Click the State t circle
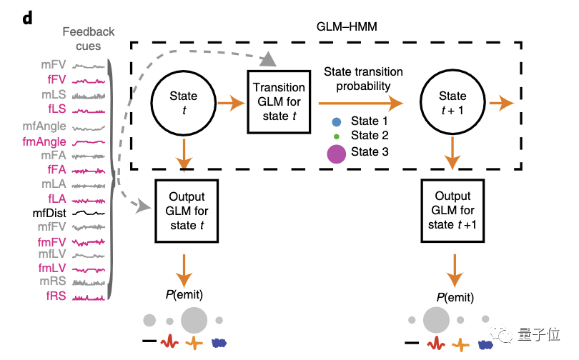point(184,104)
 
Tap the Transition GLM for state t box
point(279,101)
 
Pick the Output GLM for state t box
point(185,211)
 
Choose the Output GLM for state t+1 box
point(452,211)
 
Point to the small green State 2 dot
point(337,135)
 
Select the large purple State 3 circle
point(336,151)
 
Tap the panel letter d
point(27,19)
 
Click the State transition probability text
point(363,79)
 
